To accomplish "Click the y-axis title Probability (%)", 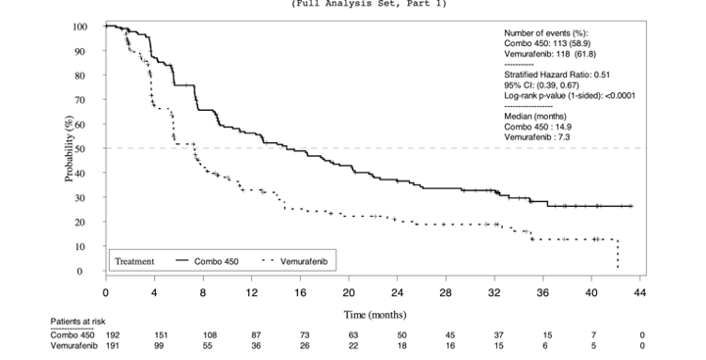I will point(70,149).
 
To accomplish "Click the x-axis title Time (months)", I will point(374,314).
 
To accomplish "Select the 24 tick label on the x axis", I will point(397,293).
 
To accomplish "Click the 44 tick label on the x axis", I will point(640,293).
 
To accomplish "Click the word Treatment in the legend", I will point(134,261).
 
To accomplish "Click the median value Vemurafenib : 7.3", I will point(540,137).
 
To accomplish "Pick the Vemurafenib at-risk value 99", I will point(160,345).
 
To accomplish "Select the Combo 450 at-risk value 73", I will point(305,335).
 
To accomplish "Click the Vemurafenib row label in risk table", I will point(74,345).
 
